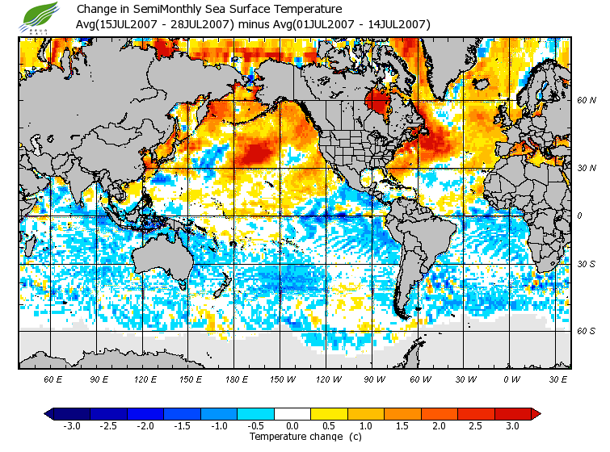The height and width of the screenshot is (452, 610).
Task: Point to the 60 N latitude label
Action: click(587, 101)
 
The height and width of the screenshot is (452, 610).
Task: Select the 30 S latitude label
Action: click(587, 264)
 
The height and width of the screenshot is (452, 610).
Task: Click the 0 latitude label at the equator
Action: click(580, 216)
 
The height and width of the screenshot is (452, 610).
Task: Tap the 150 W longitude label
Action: click(282, 379)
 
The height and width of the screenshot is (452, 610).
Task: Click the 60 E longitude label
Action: click(53, 379)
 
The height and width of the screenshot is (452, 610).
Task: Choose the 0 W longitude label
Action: click(511, 379)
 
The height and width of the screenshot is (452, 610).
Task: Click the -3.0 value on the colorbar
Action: click(71, 425)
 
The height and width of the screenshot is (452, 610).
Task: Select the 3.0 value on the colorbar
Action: click(513, 425)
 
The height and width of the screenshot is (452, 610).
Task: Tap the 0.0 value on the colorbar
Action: click(292, 425)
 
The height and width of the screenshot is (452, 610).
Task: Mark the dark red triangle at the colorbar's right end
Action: click(535, 413)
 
